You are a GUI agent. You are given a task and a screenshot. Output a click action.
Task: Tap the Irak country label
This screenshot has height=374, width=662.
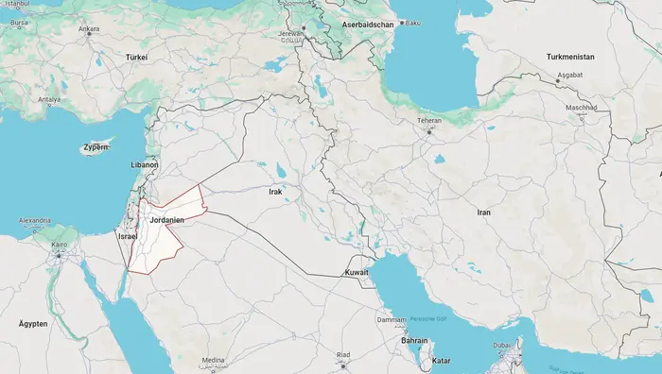tap(276, 192)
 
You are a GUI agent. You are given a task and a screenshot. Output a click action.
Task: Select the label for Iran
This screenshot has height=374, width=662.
tap(483, 212)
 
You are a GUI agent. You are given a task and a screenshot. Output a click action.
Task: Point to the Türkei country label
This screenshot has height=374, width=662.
tap(137, 57)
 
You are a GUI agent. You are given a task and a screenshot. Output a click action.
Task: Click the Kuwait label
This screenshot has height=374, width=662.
tap(356, 272)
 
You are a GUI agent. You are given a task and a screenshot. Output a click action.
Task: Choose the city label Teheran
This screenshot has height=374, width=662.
tap(429, 121)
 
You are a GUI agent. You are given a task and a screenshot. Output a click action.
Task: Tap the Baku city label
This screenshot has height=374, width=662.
tap(411, 23)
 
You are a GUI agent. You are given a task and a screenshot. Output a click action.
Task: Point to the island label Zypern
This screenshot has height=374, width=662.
tap(96, 147)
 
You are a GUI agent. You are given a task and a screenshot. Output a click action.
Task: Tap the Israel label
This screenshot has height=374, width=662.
tap(128, 235)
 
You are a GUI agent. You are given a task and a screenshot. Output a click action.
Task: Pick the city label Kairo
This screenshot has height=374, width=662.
tap(59, 245)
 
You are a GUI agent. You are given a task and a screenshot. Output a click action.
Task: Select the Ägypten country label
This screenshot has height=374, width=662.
tap(33, 323)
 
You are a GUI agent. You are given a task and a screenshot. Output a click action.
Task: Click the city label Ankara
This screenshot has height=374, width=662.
tap(89, 29)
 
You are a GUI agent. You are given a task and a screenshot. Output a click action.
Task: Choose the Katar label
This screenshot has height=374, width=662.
tap(441, 361)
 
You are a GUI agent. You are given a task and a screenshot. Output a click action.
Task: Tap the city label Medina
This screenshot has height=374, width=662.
tap(214, 360)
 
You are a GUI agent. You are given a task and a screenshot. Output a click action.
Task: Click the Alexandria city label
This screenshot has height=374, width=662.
tap(33, 221)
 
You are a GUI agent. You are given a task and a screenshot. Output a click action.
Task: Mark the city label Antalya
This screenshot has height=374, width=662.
tap(48, 99)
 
